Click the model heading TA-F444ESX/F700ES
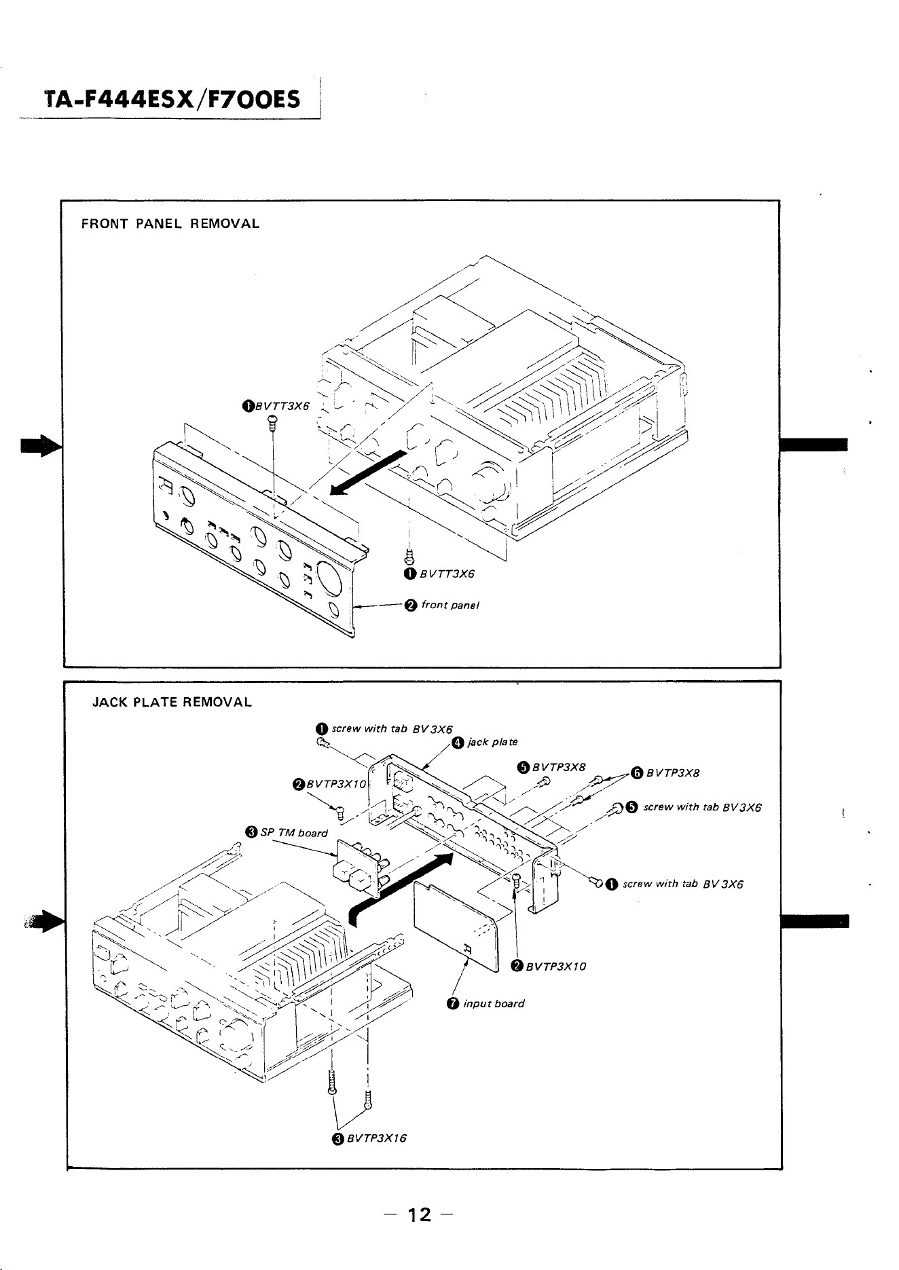(x=172, y=100)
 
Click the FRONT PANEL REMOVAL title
(x=170, y=223)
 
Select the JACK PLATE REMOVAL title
(x=172, y=703)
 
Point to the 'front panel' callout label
(x=450, y=605)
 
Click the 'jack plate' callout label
(x=492, y=742)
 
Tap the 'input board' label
(x=494, y=1003)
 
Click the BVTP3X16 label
(x=376, y=1138)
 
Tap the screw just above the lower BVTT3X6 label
(x=409, y=557)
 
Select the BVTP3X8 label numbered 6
(x=673, y=772)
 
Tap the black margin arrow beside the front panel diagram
(x=41, y=447)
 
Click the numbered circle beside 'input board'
(x=453, y=1004)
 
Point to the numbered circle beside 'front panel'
(x=410, y=605)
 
